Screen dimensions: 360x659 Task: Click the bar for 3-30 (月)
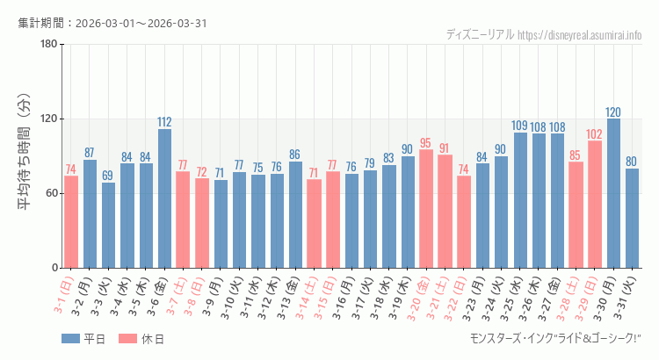(x=613, y=193)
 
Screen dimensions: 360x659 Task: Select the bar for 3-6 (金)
(x=164, y=198)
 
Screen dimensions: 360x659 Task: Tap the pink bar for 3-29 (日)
(x=595, y=204)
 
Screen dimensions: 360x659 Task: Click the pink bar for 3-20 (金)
(x=426, y=208)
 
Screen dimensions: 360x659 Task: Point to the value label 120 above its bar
(x=613, y=112)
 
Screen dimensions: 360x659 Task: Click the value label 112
(x=164, y=122)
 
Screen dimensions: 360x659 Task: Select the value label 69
(x=108, y=176)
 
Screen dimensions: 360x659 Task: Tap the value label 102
(x=595, y=134)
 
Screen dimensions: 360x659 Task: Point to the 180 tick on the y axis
(x=48, y=45)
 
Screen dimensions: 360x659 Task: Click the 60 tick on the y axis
(x=51, y=193)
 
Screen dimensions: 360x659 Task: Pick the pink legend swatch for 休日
(x=128, y=339)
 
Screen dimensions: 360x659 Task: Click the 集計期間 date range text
(x=112, y=23)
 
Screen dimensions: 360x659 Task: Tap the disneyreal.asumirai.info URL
(x=580, y=35)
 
